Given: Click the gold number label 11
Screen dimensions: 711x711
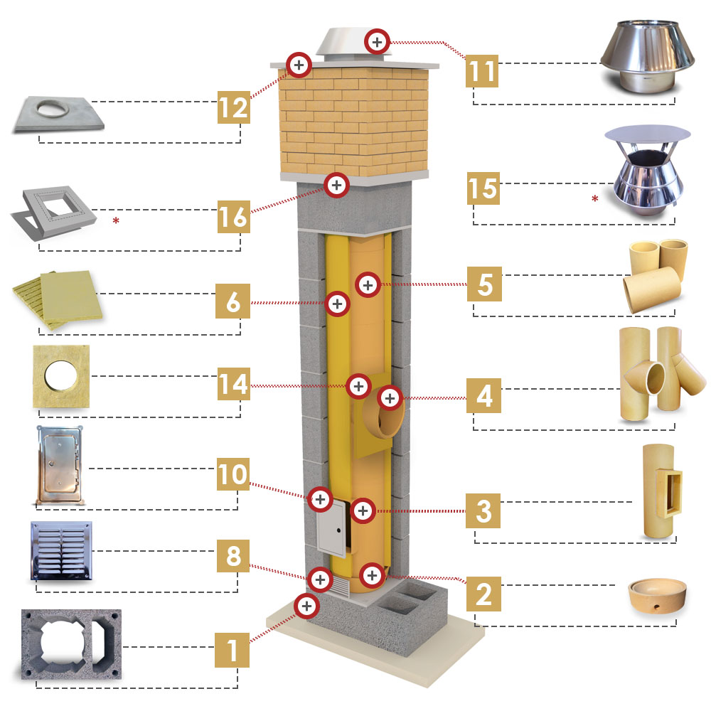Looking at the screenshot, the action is pos(482,70).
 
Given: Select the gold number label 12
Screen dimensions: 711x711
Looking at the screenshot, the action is pos(233,107).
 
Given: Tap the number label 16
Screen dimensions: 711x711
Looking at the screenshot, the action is pos(233,216).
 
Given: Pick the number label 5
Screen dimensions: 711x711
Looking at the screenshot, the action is pos(484,284).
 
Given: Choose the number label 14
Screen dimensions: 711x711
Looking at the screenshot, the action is pos(233,384).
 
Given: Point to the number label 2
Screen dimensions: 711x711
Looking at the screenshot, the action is pos(483,594).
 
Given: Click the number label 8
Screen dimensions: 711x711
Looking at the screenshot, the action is pos(233,555).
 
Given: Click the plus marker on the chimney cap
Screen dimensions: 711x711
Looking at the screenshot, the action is pos(378,42).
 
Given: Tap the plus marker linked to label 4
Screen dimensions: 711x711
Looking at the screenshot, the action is pos(390,398).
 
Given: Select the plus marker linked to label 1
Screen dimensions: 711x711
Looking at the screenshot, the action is pos(306,606).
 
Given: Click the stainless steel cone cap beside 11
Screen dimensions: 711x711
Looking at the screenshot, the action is pos(647,56).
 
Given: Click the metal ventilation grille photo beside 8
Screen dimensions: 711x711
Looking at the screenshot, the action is pos(61,550).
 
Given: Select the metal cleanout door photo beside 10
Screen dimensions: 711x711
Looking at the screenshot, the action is pos(60,465).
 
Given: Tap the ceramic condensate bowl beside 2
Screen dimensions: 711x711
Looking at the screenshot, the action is pos(657,594).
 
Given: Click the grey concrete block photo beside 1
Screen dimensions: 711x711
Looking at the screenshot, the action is pos(71,644).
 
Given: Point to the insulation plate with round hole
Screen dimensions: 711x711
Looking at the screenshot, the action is pos(61,376).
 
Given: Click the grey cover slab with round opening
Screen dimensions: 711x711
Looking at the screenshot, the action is pos(58,114).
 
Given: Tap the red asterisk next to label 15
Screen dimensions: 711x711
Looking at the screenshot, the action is pos(595,198).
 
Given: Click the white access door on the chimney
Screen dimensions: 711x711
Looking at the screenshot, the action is pos(331,528).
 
